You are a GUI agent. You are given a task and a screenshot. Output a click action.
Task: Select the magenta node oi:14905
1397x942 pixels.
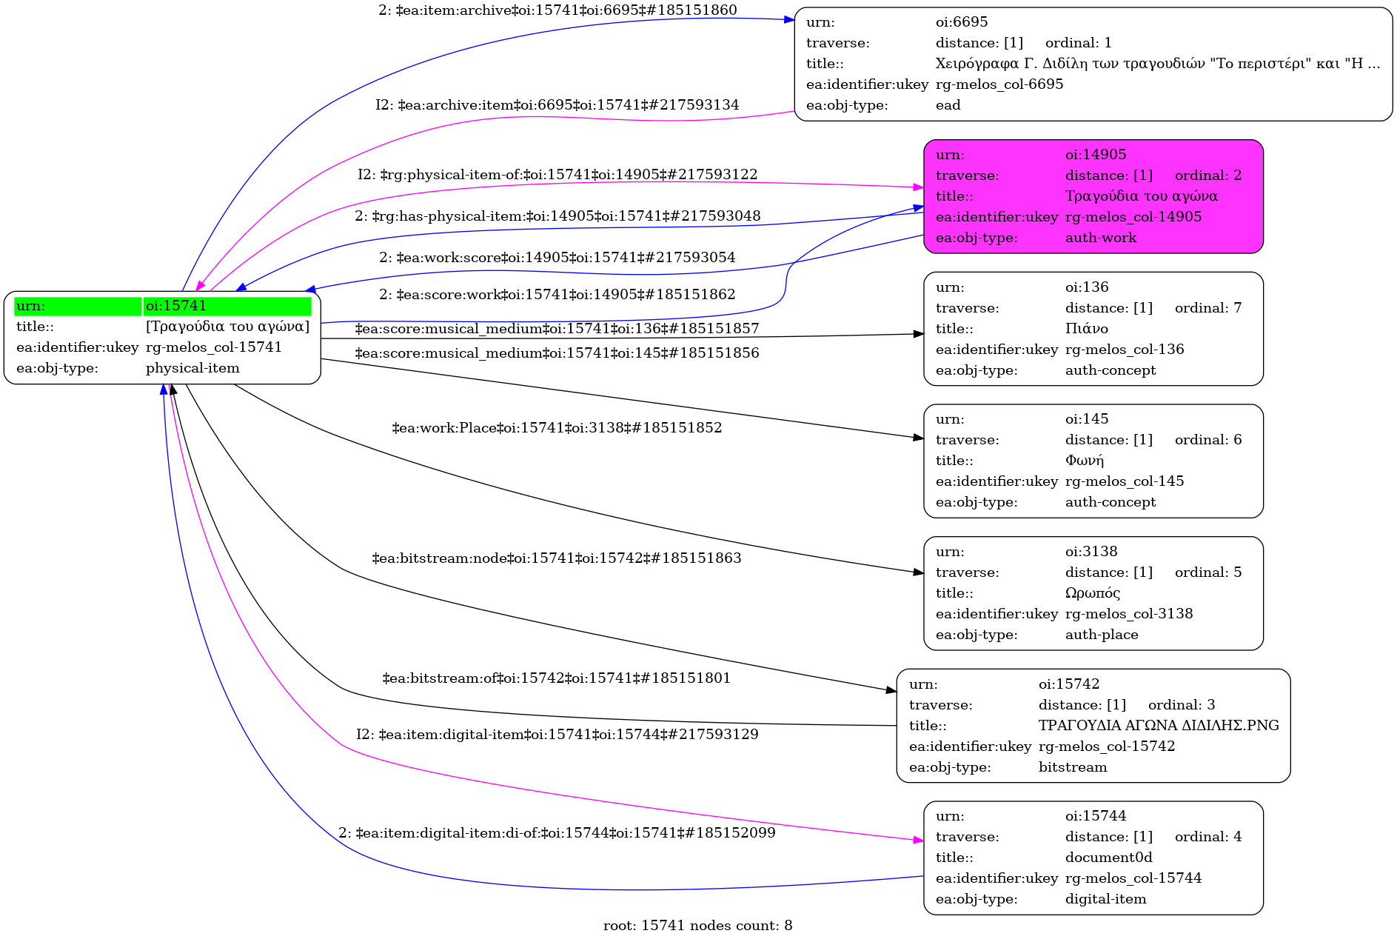click(1093, 196)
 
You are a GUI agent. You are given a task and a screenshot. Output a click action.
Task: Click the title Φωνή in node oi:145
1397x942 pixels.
click(1084, 461)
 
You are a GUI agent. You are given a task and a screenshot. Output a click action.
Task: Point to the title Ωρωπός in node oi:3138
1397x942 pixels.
click(1092, 593)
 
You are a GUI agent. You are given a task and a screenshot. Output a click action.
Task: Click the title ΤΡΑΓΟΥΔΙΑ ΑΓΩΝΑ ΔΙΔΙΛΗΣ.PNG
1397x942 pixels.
click(1158, 726)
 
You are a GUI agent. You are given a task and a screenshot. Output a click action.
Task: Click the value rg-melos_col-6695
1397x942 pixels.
click(999, 84)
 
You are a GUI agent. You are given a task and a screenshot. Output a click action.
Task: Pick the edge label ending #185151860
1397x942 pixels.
click(557, 10)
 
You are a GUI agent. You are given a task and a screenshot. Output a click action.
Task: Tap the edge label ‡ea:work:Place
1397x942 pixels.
click(557, 428)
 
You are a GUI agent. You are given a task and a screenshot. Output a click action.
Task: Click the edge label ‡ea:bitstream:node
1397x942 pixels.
click(556, 558)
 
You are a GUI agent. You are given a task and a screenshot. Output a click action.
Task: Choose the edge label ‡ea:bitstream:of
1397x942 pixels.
click(556, 678)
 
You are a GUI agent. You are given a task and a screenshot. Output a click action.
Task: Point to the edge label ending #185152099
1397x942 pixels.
click(557, 833)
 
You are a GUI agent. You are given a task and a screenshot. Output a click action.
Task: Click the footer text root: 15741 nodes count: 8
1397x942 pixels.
click(697, 926)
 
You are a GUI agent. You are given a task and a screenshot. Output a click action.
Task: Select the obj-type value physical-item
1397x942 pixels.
click(192, 368)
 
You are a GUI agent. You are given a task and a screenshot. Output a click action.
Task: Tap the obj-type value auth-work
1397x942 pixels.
click(1100, 238)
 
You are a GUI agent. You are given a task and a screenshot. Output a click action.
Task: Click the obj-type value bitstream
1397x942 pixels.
click(1072, 767)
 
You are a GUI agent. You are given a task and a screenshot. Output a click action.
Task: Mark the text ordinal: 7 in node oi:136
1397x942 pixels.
click(1207, 308)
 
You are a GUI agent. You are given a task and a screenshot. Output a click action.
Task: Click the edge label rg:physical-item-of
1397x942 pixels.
click(557, 175)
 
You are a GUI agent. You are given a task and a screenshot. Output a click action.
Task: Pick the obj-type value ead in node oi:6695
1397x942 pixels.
click(948, 105)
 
